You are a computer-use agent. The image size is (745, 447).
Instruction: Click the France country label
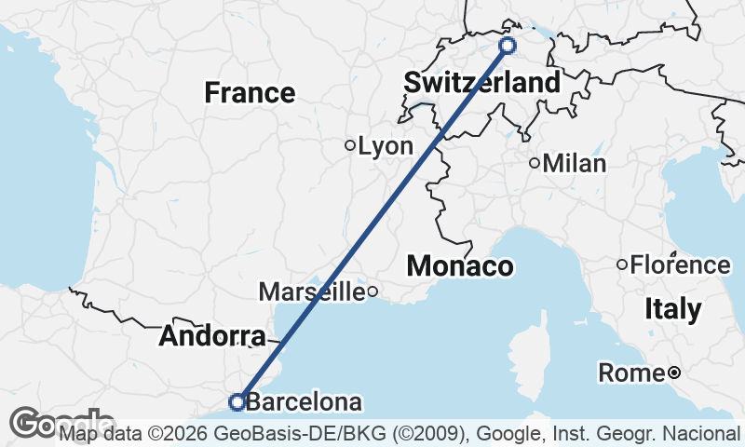click(250, 93)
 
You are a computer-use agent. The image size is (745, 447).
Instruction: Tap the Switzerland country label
click(482, 83)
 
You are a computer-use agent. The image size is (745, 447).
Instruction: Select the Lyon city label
click(386, 146)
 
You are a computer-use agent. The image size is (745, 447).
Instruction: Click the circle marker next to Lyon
click(350, 145)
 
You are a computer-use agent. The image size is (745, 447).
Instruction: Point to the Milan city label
click(575, 164)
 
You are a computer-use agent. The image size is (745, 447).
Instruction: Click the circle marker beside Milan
click(535, 163)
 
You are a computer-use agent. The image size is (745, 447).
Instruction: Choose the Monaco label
click(460, 266)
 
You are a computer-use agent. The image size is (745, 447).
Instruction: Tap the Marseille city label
click(311, 291)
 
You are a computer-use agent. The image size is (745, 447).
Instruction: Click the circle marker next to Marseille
click(372, 291)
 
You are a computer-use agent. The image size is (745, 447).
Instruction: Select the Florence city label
click(681, 265)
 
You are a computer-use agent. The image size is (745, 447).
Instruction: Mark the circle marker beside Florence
click(622, 264)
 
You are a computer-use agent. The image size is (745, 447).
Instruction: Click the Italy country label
click(673, 309)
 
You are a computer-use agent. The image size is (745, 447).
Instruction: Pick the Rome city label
click(631, 373)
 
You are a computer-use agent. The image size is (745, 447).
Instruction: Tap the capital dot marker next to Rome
click(673, 373)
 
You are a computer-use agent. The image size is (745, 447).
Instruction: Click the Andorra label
click(212, 336)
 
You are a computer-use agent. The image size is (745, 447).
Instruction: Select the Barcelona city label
click(305, 403)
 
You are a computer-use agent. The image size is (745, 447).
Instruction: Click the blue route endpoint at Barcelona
click(237, 402)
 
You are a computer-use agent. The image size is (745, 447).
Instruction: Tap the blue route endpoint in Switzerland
click(508, 46)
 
